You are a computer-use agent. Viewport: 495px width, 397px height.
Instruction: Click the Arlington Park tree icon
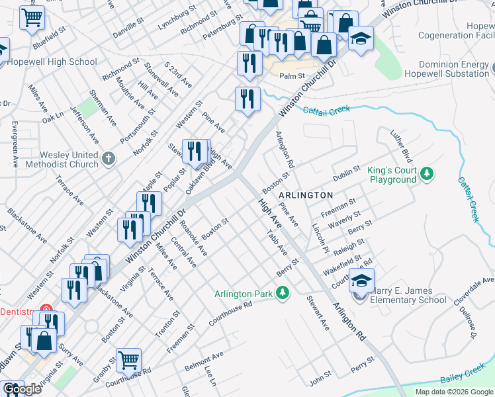pyautogui.click(x=283, y=292)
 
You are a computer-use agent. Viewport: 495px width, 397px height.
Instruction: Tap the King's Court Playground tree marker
pyautogui.click(x=427, y=173)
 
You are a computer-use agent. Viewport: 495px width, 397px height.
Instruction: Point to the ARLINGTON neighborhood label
pyautogui.click(x=305, y=195)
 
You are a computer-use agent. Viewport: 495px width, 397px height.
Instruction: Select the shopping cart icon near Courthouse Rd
pyautogui.click(x=128, y=360)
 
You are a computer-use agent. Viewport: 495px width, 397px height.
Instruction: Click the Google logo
pyautogui.click(x=22, y=389)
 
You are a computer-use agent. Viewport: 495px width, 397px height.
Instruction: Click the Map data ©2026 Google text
pyautogui.click(x=454, y=392)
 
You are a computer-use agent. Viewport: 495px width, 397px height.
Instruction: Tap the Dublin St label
pyautogui.click(x=346, y=174)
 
